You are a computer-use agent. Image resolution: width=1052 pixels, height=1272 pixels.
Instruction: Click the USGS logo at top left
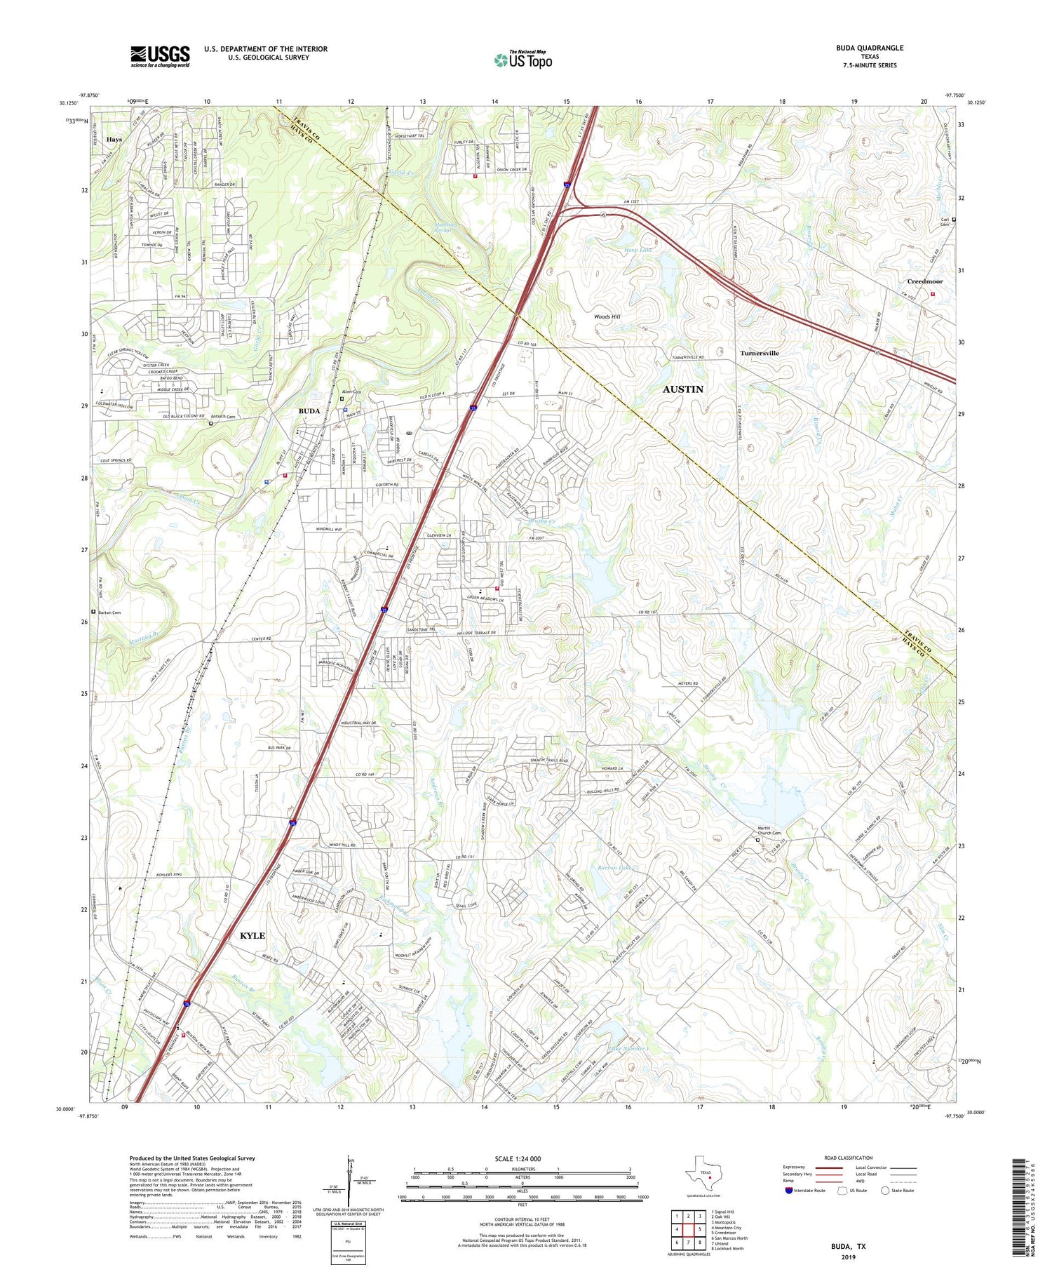tap(160, 56)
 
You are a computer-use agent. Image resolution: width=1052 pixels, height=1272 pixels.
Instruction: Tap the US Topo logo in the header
tap(522, 60)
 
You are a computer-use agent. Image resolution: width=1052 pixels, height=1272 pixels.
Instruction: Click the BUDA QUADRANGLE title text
tap(869, 48)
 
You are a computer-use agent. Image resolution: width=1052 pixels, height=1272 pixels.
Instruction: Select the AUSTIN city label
tap(682, 389)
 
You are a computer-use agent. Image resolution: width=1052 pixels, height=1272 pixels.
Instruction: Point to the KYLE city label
tap(252, 935)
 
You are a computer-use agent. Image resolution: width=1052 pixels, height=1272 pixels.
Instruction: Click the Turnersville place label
tap(759, 353)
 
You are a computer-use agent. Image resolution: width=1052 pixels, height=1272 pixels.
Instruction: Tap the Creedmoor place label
tap(924, 281)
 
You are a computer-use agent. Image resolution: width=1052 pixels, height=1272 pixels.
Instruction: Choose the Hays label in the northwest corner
tap(114, 140)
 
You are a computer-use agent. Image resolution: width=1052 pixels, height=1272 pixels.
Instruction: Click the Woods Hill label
tap(607, 316)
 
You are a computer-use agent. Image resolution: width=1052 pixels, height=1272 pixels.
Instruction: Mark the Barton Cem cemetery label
tap(109, 612)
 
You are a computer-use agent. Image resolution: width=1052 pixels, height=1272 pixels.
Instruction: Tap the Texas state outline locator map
tap(703, 1173)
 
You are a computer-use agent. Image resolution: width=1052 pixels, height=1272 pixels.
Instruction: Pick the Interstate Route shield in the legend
tap(789, 1191)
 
